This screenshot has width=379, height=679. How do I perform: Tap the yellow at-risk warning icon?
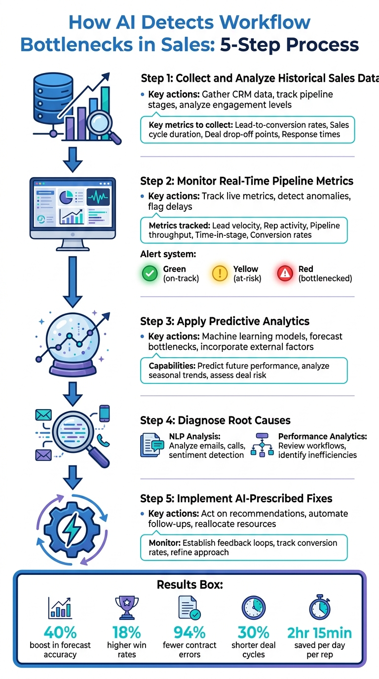[x=220, y=273]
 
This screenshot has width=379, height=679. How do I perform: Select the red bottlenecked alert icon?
[x=285, y=273]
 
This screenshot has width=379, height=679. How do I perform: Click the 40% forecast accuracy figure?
[x=60, y=632]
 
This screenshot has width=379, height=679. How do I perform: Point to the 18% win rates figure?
[x=126, y=632]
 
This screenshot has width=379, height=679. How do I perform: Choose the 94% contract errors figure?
[x=189, y=632]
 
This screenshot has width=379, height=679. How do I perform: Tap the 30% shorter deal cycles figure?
[x=254, y=632]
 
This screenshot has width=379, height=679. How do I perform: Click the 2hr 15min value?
[x=319, y=632]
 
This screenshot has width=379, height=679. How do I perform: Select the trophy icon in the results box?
[x=126, y=607]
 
